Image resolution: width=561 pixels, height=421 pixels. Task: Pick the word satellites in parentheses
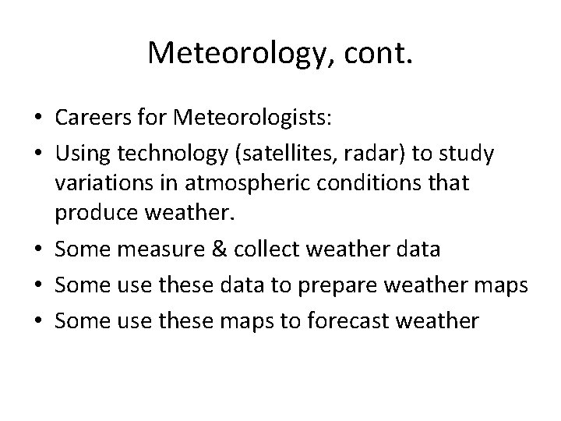pos(280,154)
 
